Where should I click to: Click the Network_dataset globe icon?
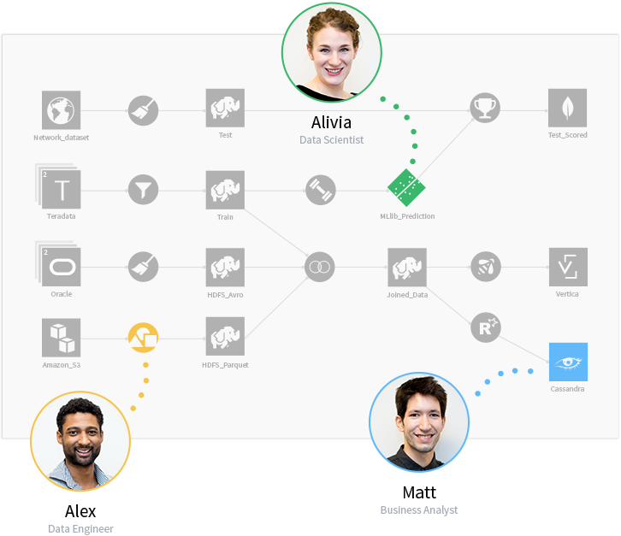62,110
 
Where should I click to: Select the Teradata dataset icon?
61,188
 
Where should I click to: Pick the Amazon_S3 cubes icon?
62,338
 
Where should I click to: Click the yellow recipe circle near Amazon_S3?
144,338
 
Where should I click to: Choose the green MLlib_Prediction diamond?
406,187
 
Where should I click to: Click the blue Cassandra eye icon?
568,362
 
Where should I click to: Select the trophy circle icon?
485,108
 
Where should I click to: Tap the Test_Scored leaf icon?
567,108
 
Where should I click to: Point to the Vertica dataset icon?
568,268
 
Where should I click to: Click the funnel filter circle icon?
144,190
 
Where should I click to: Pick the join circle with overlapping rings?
320,267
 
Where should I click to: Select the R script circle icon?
486,327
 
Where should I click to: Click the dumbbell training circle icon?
321,190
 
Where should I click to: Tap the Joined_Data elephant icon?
407,268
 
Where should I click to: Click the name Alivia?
332,123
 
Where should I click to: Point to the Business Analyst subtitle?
419,510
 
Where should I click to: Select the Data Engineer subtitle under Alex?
80,529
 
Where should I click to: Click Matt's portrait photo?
419,422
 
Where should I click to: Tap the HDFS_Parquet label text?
225,365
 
